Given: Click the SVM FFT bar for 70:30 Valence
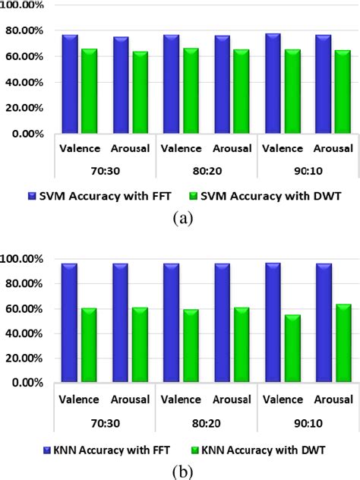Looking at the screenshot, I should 69,84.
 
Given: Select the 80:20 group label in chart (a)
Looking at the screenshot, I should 206,172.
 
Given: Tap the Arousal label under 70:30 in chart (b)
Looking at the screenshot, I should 130,399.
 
